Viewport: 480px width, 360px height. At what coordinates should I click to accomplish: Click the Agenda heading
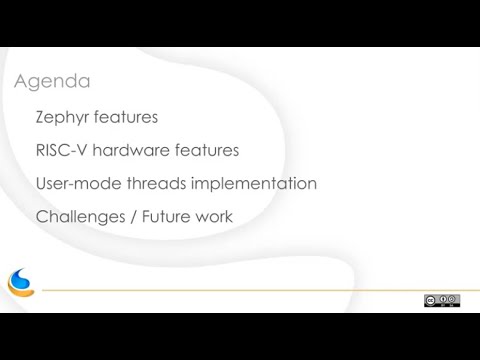tap(52, 81)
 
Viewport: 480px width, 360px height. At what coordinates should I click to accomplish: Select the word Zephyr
tap(63, 118)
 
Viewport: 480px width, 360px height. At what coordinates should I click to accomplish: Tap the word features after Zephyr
tap(127, 118)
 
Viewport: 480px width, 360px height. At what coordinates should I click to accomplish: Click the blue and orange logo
tap(21, 283)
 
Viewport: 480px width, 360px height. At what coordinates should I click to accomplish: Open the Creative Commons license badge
tap(441, 300)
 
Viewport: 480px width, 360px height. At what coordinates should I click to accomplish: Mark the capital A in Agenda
tap(21, 81)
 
